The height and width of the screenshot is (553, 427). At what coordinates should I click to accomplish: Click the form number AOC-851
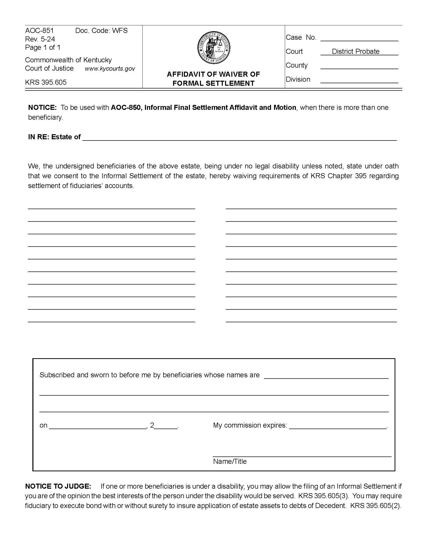(39, 31)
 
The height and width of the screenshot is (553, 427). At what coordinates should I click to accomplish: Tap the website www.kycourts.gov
(110, 69)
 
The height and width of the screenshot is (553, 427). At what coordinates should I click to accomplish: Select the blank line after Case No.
(359, 38)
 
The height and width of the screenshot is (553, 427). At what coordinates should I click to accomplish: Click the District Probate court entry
(355, 52)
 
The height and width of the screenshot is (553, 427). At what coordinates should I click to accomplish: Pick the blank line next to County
(359, 66)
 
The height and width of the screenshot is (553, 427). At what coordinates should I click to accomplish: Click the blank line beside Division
(359, 80)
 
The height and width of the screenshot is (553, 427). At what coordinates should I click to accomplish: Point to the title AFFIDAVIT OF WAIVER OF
(213, 74)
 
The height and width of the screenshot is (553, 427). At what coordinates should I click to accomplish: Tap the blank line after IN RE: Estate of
(239, 138)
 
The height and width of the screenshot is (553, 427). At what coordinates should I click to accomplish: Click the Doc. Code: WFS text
(101, 31)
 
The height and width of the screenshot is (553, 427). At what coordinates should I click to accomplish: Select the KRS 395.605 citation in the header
(46, 82)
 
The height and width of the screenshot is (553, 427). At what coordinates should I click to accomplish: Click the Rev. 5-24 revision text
(40, 39)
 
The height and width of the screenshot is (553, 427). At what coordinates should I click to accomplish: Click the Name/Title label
(230, 461)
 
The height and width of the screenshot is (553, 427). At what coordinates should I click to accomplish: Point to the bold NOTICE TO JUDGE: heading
(58, 486)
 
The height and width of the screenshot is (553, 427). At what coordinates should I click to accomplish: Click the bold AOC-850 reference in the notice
(126, 108)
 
